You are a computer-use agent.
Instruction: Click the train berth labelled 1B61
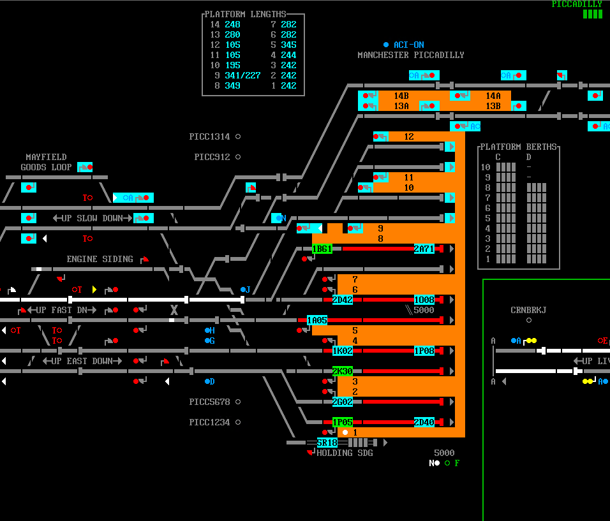coord(322,249)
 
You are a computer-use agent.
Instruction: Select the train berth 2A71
coord(424,249)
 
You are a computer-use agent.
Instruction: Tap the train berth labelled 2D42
coord(343,300)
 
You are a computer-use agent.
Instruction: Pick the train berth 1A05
coord(317,320)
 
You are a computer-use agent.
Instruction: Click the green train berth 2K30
coord(343,371)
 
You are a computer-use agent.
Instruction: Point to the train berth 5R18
coord(327,443)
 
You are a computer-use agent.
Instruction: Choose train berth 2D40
coord(424,422)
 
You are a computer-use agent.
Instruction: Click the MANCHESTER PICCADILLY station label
coord(411,55)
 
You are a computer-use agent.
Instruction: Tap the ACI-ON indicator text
coord(408,45)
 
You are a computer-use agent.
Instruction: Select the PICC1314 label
coord(209,136)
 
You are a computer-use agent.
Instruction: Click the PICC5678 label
coord(209,402)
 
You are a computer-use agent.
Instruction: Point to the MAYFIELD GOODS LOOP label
coord(46,162)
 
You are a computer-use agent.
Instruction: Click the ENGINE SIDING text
coord(100,259)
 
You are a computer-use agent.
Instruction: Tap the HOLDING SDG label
coord(345,453)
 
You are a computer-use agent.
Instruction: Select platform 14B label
coord(401,96)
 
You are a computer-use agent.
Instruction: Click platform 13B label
coord(493,106)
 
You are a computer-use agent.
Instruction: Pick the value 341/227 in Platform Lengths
coord(242,75)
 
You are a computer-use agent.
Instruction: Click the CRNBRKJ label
coord(528,310)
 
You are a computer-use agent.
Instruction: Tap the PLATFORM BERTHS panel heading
coord(518,147)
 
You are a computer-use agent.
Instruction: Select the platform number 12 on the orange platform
coord(409,136)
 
